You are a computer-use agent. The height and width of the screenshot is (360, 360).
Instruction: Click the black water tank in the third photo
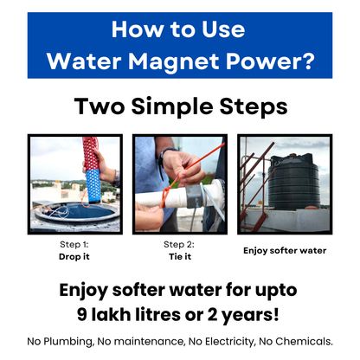tap(293, 182)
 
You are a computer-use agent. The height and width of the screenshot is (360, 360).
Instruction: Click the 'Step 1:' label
tap(74, 246)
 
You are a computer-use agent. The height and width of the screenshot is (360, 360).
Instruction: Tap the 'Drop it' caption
tap(74, 257)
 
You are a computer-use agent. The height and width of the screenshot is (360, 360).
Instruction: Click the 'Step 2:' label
tap(180, 246)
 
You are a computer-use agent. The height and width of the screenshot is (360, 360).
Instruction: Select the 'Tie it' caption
tap(180, 257)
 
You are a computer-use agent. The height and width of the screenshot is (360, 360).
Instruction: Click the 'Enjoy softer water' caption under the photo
tap(285, 251)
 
